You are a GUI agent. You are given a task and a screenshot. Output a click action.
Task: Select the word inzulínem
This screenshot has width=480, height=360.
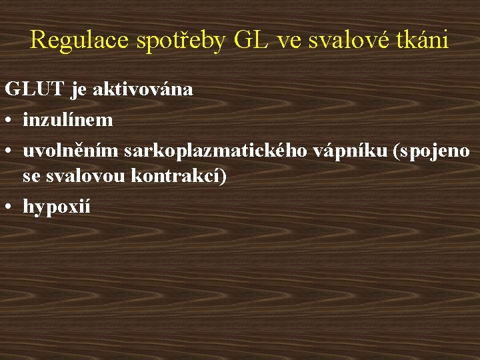pyautogui.click(x=67, y=120)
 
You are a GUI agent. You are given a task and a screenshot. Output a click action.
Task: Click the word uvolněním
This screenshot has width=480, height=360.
pyautogui.click(x=70, y=151)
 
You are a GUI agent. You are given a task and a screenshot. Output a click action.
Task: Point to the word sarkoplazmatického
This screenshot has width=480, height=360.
pyautogui.click(x=215, y=151)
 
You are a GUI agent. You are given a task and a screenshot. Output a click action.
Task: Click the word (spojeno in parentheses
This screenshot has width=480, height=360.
pyautogui.click(x=431, y=152)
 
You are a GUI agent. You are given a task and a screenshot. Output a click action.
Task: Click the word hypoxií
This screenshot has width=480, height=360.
pyautogui.click(x=56, y=207)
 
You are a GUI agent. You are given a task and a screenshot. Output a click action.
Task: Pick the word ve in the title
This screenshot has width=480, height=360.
pyautogui.click(x=289, y=40)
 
